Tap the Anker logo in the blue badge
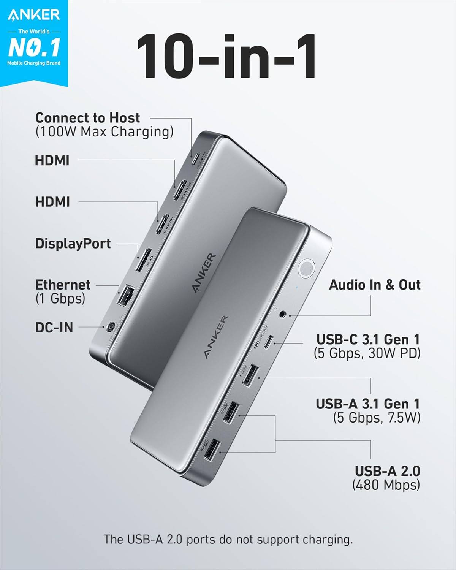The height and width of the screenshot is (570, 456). (x=34, y=15)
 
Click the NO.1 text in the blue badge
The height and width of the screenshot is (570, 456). (x=34, y=47)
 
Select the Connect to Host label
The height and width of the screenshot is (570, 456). (x=87, y=118)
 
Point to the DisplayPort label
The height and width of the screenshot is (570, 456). (x=73, y=244)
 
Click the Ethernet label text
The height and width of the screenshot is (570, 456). (x=63, y=285)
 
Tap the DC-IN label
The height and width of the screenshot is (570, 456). (x=54, y=327)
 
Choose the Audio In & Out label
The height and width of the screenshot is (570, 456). (x=375, y=285)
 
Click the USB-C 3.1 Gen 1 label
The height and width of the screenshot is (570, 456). (x=368, y=339)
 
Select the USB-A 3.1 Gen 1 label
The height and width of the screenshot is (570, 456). (x=368, y=404)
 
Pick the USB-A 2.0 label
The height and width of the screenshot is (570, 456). (x=387, y=471)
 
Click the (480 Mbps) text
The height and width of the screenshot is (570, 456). (x=386, y=485)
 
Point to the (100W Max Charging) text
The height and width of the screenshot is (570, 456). (x=104, y=132)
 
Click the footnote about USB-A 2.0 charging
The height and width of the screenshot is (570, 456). (x=228, y=539)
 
